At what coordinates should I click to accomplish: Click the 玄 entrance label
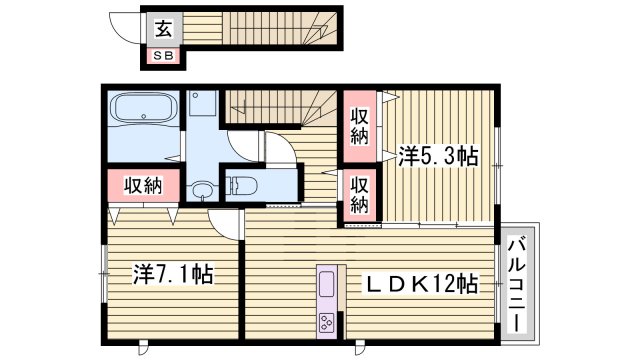162,28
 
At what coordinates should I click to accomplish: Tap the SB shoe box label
162,56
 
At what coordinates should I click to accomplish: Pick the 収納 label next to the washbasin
144,185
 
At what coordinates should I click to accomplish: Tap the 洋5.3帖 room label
438,156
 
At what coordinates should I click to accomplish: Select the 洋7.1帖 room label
172,272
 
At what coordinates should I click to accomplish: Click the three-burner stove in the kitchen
329,322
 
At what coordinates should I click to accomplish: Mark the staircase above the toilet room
280,103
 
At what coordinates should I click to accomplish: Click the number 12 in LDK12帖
445,284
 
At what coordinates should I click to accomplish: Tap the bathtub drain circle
146,117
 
